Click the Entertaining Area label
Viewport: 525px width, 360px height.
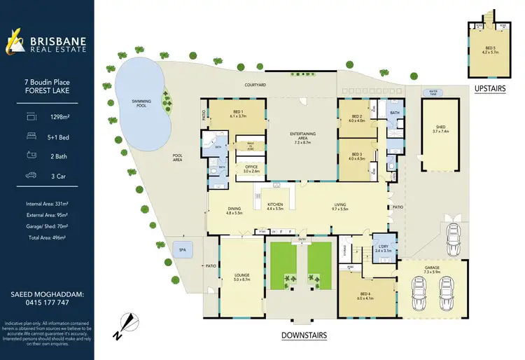303,134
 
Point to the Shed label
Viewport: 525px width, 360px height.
440,128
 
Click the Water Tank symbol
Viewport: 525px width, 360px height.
428,92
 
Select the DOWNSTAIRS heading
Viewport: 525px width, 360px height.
304,335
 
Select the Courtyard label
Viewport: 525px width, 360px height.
255,84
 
